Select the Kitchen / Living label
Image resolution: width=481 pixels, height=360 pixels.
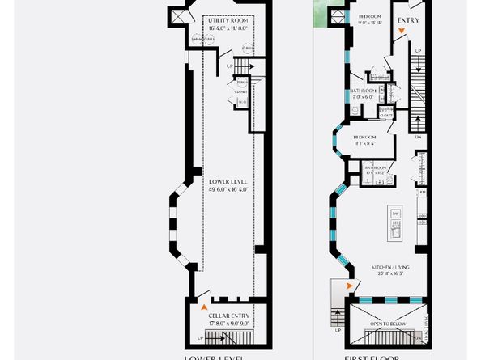click(x=390, y=267)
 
